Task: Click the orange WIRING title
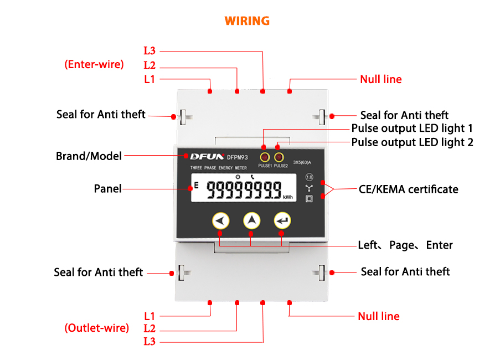click(247, 21)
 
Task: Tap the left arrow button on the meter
click(220, 221)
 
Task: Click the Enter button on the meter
click(282, 221)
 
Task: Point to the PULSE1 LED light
click(265, 157)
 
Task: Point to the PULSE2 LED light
click(280, 157)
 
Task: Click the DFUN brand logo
click(204, 157)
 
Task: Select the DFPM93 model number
click(238, 157)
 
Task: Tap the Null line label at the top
click(381, 79)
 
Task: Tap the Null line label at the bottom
click(379, 316)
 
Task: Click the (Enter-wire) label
click(94, 64)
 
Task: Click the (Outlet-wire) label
click(97, 328)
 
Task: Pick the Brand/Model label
click(89, 156)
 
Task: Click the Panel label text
click(107, 189)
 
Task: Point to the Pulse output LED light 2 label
click(413, 142)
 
